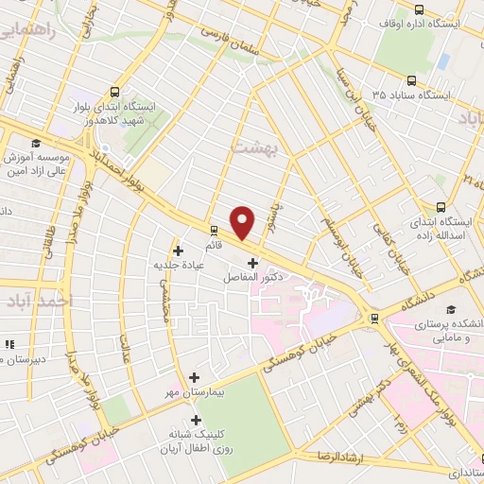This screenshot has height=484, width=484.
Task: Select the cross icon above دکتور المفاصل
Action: point(251,263)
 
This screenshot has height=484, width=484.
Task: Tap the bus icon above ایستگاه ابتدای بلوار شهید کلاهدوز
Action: point(115,92)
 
